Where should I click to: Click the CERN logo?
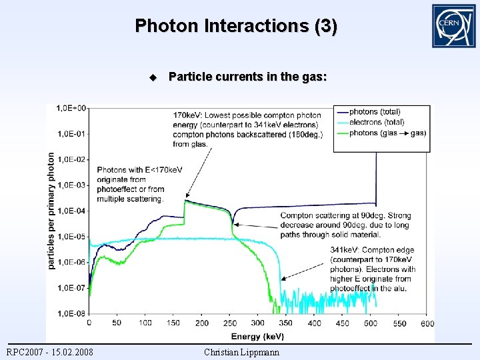tap(453, 25)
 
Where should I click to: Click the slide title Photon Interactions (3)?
tap(236, 26)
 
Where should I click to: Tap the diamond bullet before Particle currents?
tap(153, 77)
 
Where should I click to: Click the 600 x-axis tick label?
tap(427, 323)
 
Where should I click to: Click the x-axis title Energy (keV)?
tap(257, 336)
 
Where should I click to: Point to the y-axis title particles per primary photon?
tap(51, 211)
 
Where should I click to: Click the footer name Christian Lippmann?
tap(242, 352)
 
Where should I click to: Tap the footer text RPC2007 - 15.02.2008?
tap(50, 352)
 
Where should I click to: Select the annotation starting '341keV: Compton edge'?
tap(372, 269)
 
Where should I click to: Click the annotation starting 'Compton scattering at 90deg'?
tap(345, 225)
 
